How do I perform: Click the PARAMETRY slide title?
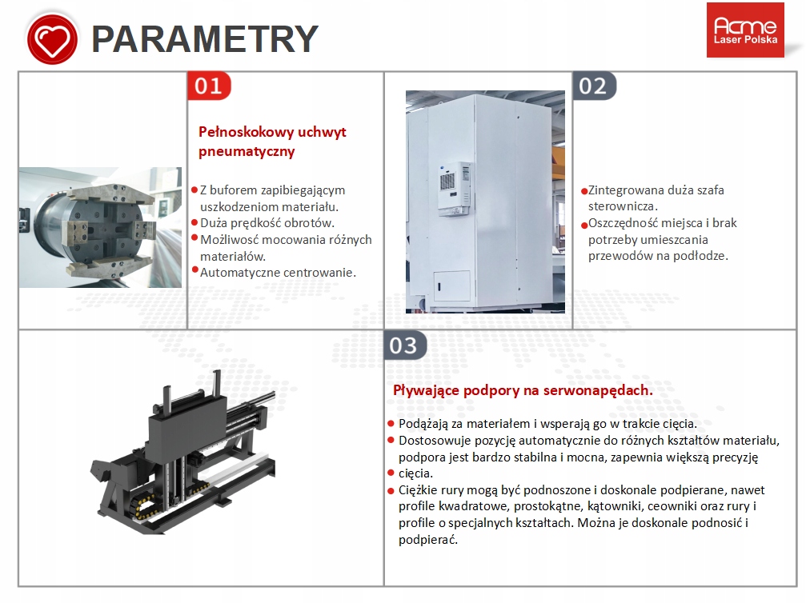tap(205, 39)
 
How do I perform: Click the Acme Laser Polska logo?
tap(745, 30)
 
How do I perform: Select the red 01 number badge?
tap(209, 86)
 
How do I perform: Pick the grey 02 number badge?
tap(594, 86)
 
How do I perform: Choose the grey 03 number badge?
tap(404, 345)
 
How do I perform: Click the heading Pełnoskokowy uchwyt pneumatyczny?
tap(272, 142)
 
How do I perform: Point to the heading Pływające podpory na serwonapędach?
tap(523, 390)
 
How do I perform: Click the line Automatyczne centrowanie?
tap(278, 272)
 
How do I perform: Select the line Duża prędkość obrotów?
tap(267, 223)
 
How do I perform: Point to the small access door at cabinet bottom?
tap(451, 285)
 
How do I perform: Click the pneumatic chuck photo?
tap(100, 226)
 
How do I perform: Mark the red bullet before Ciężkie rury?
tap(391, 489)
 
